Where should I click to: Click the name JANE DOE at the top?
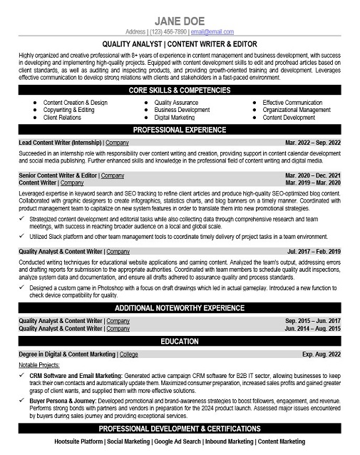click(180, 19)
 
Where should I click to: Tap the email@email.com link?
click(212, 32)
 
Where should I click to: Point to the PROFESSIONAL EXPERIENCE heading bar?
click(180, 130)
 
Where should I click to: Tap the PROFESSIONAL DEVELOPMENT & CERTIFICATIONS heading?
click(180, 429)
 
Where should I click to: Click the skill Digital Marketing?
click(175, 118)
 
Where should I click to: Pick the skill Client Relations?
click(63, 118)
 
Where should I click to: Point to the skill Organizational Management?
click(297, 111)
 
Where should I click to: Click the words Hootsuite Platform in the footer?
click(79, 442)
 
